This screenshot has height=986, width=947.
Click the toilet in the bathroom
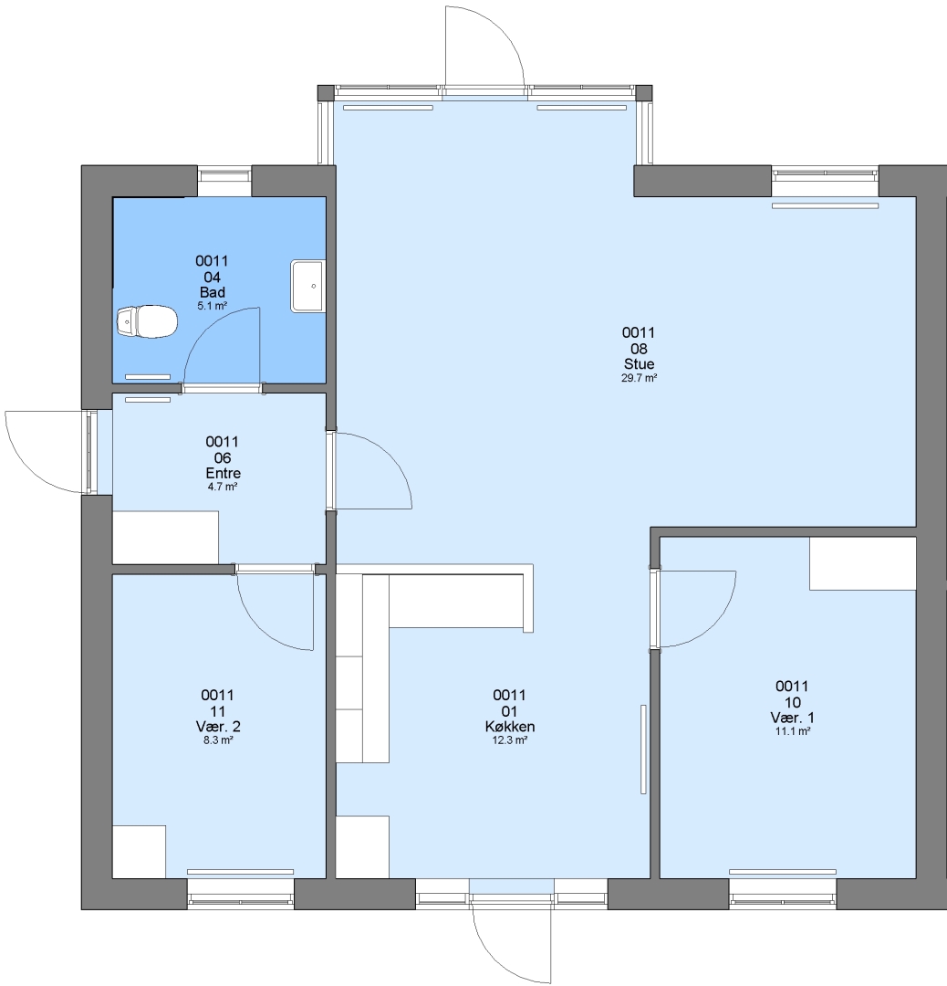(x=147, y=322)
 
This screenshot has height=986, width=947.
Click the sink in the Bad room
(x=307, y=286)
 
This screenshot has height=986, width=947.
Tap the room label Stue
(x=639, y=364)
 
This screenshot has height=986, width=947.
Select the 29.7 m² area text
(x=639, y=378)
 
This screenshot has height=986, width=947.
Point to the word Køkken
(x=510, y=727)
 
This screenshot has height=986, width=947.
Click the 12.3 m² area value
(x=510, y=740)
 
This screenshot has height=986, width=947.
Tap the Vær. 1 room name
(x=793, y=718)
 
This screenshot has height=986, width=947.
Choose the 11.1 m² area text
(x=793, y=731)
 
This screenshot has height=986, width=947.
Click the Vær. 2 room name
(x=218, y=727)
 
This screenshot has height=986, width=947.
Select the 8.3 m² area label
(x=218, y=740)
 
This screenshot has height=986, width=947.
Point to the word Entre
(x=224, y=473)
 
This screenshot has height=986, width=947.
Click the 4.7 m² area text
(x=224, y=487)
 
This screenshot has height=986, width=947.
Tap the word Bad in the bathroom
(x=213, y=292)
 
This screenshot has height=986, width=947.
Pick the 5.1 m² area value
(x=213, y=306)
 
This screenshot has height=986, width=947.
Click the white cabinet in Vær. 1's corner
(x=862, y=563)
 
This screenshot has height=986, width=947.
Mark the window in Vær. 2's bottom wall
(x=241, y=894)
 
